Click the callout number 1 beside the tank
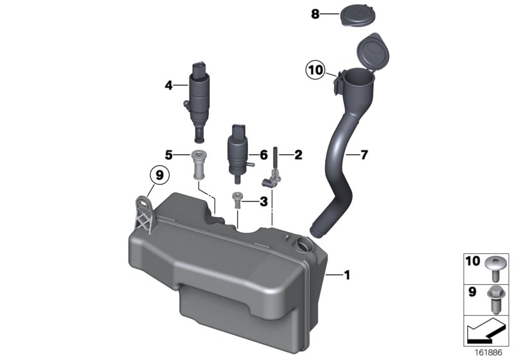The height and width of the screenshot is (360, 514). click(347, 276)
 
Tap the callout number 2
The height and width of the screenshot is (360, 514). click(297, 154)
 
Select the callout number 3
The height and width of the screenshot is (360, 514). click(263, 201)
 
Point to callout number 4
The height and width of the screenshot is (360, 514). click(168, 84)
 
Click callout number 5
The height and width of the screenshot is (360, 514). click(168, 154)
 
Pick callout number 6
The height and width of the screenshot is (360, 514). click(263, 154)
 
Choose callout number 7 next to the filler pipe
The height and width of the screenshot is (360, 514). click(364, 154)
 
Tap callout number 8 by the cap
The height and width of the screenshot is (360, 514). click(315, 14)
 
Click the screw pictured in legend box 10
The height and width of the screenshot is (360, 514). click(495, 267)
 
